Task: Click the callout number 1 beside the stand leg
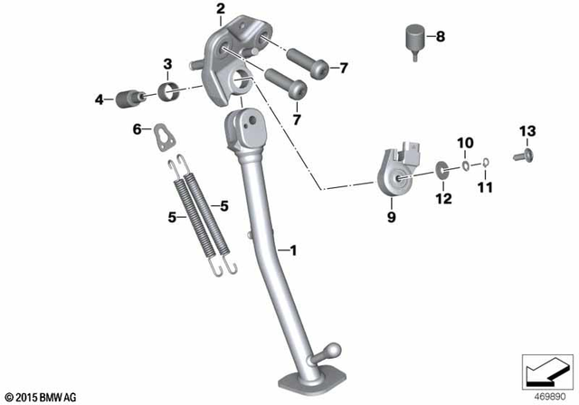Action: (292, 249)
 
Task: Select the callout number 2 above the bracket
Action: (220, 10)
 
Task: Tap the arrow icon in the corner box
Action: (546, 372)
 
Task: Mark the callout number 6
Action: (138, 129)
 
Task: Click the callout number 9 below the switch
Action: (392, 216)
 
